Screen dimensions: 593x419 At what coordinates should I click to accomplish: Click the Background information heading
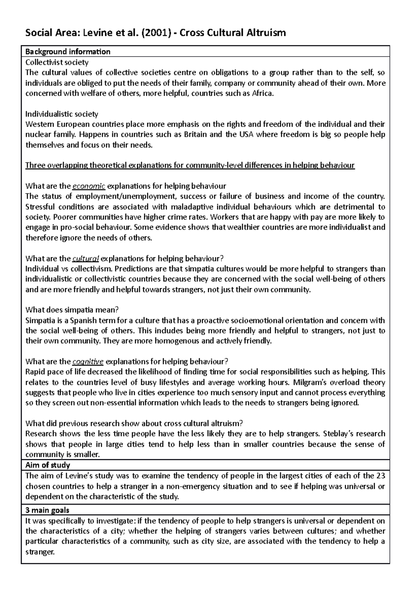68,52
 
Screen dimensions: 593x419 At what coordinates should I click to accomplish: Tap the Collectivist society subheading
57,62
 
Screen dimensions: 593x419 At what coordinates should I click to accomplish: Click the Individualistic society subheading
62,114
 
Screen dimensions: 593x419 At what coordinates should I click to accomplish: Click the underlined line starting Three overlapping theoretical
190,165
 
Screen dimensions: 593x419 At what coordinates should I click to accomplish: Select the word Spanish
89,321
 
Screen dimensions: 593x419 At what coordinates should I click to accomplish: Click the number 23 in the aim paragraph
381,476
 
